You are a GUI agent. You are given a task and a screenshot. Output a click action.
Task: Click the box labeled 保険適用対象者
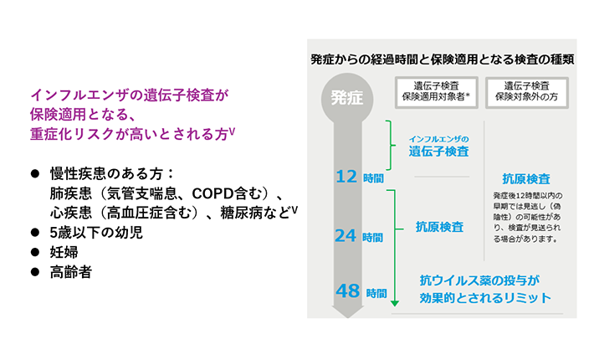(435, 91)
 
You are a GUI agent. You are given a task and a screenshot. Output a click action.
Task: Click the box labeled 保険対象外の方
(527, 91)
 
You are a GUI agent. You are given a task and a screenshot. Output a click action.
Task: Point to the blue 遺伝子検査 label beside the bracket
(438, 152)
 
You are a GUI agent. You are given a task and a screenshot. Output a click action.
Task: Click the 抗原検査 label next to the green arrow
(440, 227)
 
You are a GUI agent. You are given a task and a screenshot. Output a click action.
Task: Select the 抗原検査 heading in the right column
(525, 178)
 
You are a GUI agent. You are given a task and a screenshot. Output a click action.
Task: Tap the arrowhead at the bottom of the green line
(394, 302)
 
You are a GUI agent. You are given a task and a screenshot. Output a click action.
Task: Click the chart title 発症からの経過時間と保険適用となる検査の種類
(442, 59)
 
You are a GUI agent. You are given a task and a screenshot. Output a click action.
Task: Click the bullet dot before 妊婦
(35, 252)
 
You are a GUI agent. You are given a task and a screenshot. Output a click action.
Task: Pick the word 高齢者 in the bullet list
(71, 271)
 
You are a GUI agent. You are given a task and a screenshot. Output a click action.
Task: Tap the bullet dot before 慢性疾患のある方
(35, 173)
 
